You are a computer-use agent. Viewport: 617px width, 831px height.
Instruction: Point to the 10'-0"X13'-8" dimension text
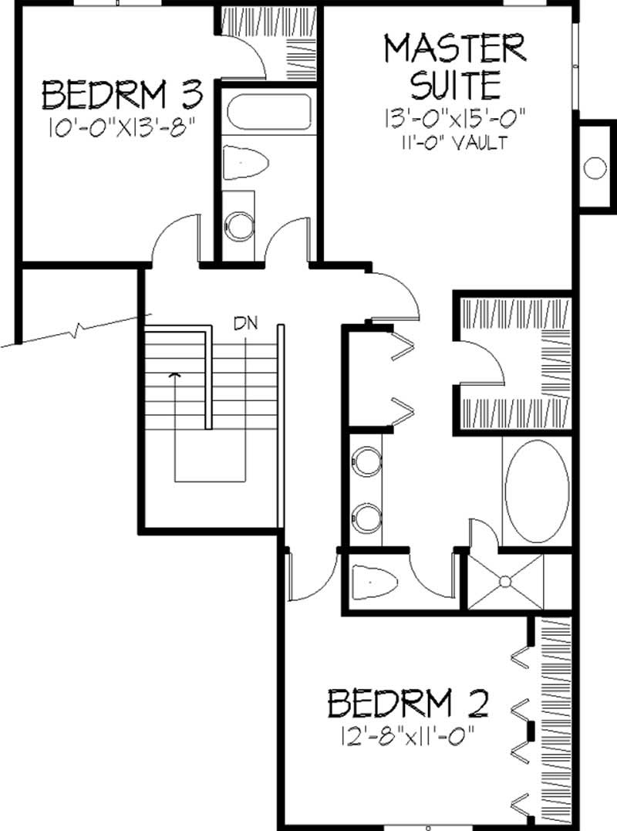click(x=121, y=127)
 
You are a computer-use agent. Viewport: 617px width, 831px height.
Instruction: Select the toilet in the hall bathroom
click(x=244, y=164)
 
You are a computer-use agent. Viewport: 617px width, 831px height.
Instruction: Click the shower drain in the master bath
click(x=506, y=581)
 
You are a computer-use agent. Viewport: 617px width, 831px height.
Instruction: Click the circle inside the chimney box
click(x=596, y=167)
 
